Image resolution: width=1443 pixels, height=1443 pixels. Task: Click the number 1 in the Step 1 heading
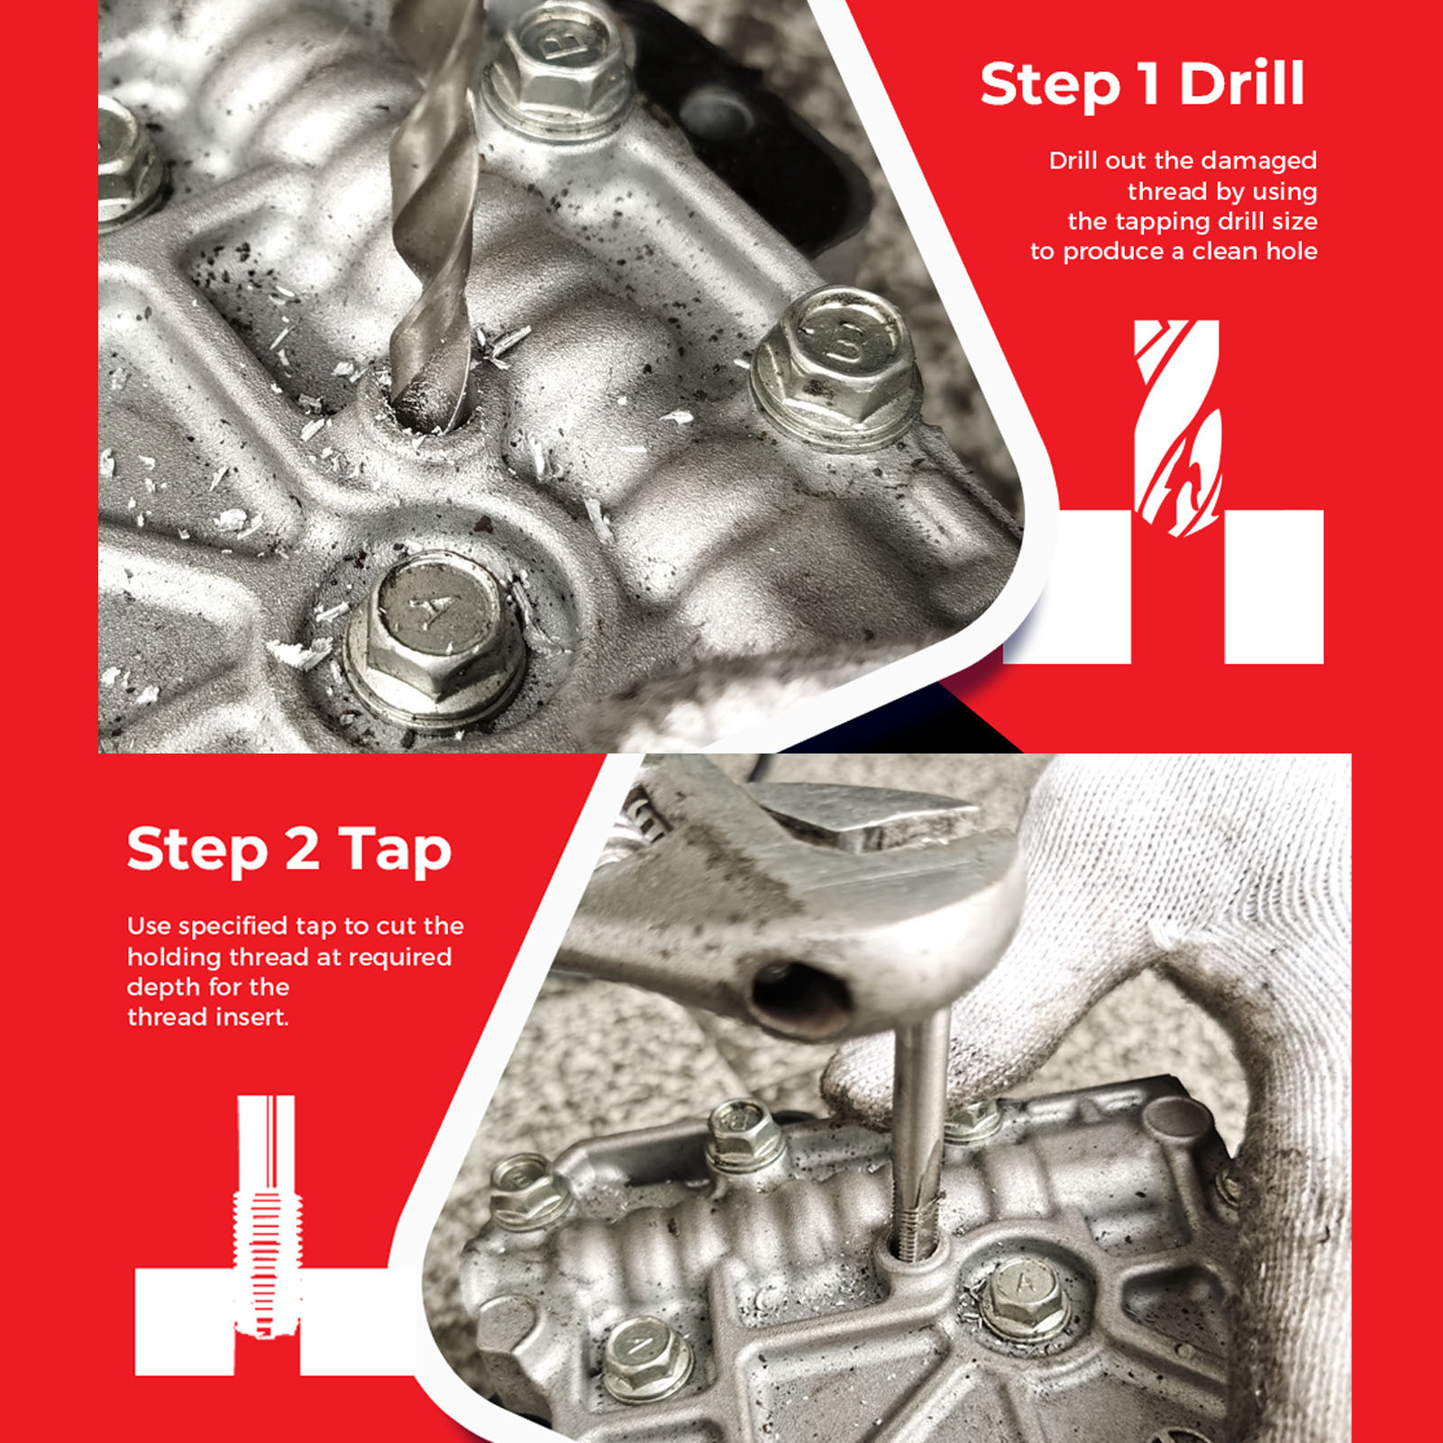(x=1148, y=84)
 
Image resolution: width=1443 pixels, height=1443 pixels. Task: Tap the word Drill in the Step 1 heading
(x=1242, y=83)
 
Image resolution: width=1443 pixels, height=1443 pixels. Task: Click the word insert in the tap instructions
(x=251, y=1018)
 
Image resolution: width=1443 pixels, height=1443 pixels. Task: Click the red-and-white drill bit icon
(x=1177, y=428)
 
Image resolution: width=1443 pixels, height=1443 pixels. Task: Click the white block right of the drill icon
(x=1274, y=587)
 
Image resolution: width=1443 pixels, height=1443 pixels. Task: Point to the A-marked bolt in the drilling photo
(x=433, y=637)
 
